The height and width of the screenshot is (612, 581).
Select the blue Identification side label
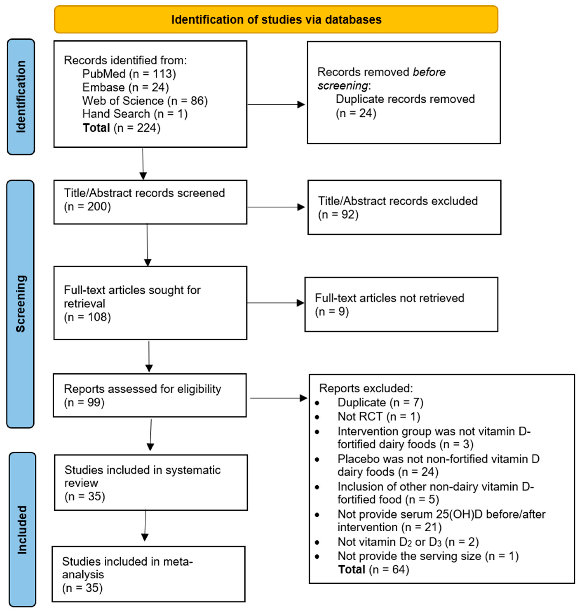click(21, 97)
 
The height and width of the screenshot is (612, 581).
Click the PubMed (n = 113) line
click(129, 74)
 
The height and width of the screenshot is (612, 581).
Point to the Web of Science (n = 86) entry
click(145, 101)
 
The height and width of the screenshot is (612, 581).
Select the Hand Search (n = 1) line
click(135, 114)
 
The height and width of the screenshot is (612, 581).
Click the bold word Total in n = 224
click(96, 128)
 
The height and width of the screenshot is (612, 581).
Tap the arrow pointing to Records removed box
click(276, 105)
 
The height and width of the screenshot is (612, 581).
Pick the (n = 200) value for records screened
click(87, 206)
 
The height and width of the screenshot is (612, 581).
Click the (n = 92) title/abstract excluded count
click(338, 214)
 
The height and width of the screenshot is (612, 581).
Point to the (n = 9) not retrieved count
click(332, 311)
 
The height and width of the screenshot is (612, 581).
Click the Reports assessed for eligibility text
click(142, 389)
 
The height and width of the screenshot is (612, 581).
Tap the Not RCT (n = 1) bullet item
click(378, 416)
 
